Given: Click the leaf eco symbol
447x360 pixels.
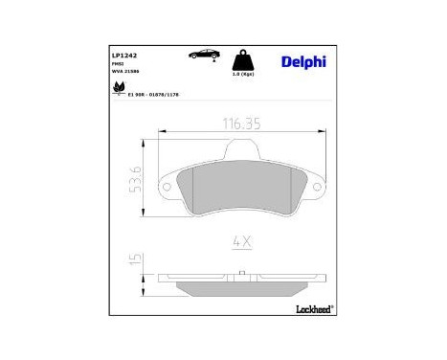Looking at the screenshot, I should click(119, 89).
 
